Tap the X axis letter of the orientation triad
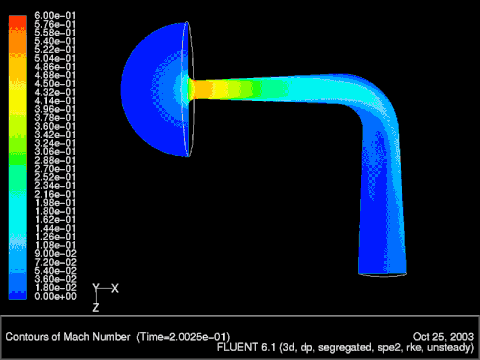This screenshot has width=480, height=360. (x=115, y=288)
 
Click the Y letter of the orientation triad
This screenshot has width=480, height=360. (x=96, y=287)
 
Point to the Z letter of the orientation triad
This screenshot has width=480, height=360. (x=96, y=308)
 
